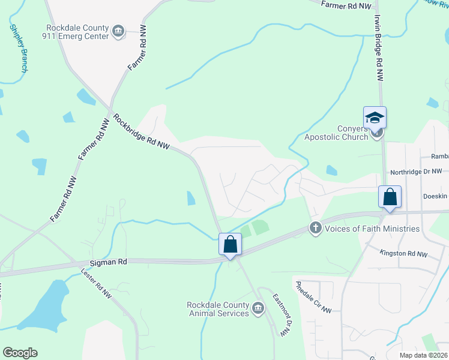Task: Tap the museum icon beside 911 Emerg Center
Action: (118, 32)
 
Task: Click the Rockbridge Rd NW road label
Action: (142, 132)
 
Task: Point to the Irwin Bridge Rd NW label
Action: (379, 57)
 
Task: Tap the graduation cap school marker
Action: (375, 117)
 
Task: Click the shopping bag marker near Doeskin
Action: (390, 197)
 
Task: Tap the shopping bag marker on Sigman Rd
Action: (230, 244)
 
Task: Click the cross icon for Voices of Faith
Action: (315, 228)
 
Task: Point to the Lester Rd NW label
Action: (96, 283)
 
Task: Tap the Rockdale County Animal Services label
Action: (218, 308)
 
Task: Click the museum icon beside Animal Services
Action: (258, 308)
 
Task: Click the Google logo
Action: (20, 353)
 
